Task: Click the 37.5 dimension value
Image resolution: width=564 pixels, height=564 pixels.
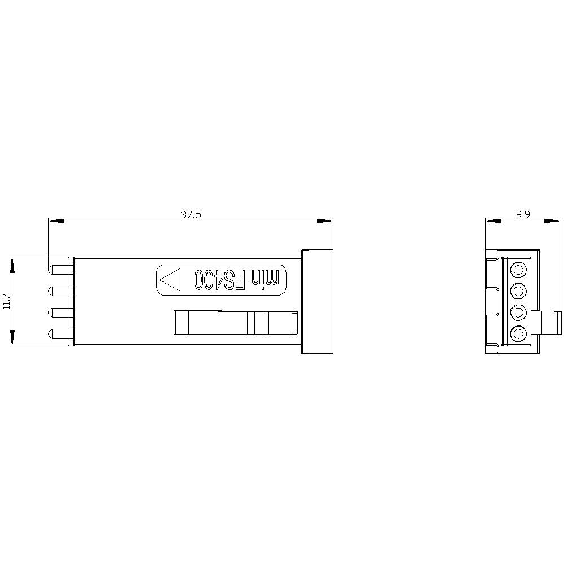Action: click(191, 215)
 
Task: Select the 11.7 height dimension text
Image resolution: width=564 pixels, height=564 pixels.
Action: click(6, 301)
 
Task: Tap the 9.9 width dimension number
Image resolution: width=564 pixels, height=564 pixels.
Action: click(523, 215)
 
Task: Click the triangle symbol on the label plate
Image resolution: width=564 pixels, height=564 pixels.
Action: click(169, 280)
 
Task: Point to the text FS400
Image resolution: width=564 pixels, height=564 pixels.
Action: click(220, 280)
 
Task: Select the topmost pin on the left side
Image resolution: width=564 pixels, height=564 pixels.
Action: click(60, 270)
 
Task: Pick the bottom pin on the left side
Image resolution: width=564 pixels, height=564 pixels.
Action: click(60, 334)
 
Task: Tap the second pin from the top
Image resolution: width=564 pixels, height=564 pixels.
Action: click(60, 291)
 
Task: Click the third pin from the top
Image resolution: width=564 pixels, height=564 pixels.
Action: click(60, 312)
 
